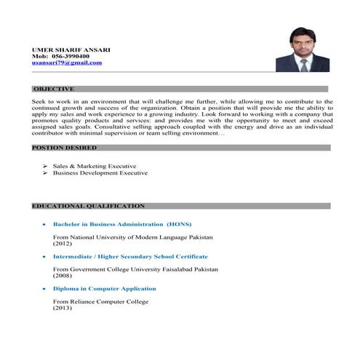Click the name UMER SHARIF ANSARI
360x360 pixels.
coord(71,49)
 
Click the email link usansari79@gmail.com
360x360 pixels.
coord(67,63)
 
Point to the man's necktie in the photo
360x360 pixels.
coord(304,64)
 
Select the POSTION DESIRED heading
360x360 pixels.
coord(64,147)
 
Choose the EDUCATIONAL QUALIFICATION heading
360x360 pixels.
coord(88,206)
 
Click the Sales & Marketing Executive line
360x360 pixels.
coord(94,166)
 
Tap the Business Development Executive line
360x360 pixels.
coord(100,173)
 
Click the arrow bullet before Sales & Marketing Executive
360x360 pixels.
coord(45,166)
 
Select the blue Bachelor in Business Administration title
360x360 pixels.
coord(122,224)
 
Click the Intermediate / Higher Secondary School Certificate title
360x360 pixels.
coord(130,256)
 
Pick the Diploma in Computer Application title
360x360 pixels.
coord(104,289)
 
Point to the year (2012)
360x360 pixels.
coord(63,244)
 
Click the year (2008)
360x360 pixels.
coord(63,276)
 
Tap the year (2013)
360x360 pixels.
coord(63,308)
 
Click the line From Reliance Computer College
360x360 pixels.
coord(100,301)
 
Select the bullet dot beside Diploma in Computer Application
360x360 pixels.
coord(45,289)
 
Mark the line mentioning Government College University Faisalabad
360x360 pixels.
coord(135,269)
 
